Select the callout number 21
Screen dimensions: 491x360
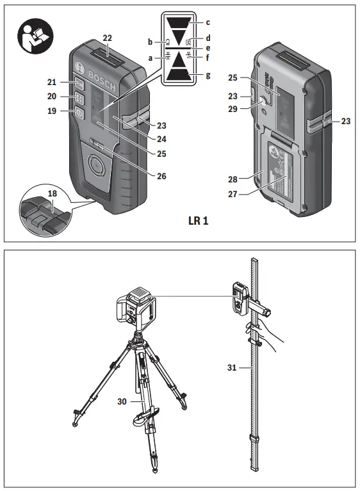point(52,82)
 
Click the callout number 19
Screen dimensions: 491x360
point(52,111)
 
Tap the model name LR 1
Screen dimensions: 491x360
point(199,221)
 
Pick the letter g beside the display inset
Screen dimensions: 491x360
point(208,76)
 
